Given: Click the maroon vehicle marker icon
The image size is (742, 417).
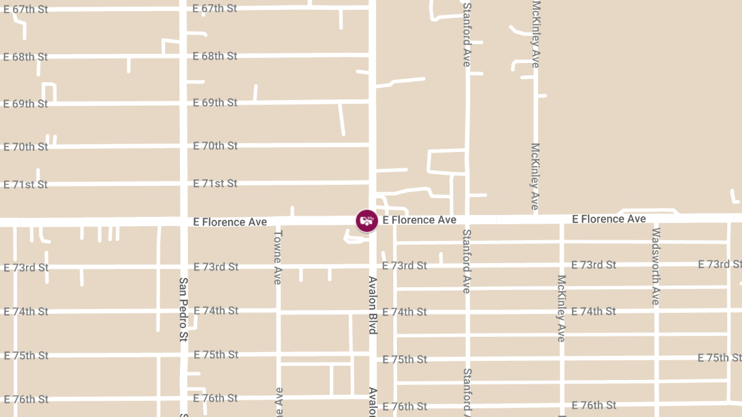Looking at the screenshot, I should (x=367, y=221).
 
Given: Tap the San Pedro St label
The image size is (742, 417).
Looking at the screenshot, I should (x=183, y=309).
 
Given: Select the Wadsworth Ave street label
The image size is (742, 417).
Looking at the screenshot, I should (x=656, y=266).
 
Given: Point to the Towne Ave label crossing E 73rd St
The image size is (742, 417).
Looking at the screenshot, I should (x=278, y=257).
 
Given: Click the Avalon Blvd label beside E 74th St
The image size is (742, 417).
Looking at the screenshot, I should (x=372, y=305).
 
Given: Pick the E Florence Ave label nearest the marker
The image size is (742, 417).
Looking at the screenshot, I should (x=419, y=220).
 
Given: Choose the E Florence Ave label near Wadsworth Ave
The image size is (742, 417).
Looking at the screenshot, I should (x=609, y=219).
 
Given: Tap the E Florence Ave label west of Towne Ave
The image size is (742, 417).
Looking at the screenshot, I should (x=230, y=222).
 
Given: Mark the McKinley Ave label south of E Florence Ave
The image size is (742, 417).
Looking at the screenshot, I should (x=561, y=308).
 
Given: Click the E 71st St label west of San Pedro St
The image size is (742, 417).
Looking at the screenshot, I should (x=25, y=185).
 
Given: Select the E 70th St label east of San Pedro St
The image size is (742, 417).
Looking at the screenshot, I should (x=215, y=146).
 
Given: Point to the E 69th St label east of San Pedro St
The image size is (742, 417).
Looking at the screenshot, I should (x=215, y=103).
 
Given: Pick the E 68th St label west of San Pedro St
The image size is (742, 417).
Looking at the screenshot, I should (x=25, y=57).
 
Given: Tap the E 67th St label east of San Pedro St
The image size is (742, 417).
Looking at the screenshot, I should (x=215, y=9).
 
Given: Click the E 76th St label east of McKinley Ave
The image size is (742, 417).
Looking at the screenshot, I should (x=594, y=405).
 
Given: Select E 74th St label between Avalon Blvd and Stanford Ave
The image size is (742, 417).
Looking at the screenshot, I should (x=404, y=312).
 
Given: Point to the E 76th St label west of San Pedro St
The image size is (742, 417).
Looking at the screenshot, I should (x=26, y=400).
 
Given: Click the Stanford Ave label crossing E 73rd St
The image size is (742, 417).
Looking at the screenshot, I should (x=467, y=261).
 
